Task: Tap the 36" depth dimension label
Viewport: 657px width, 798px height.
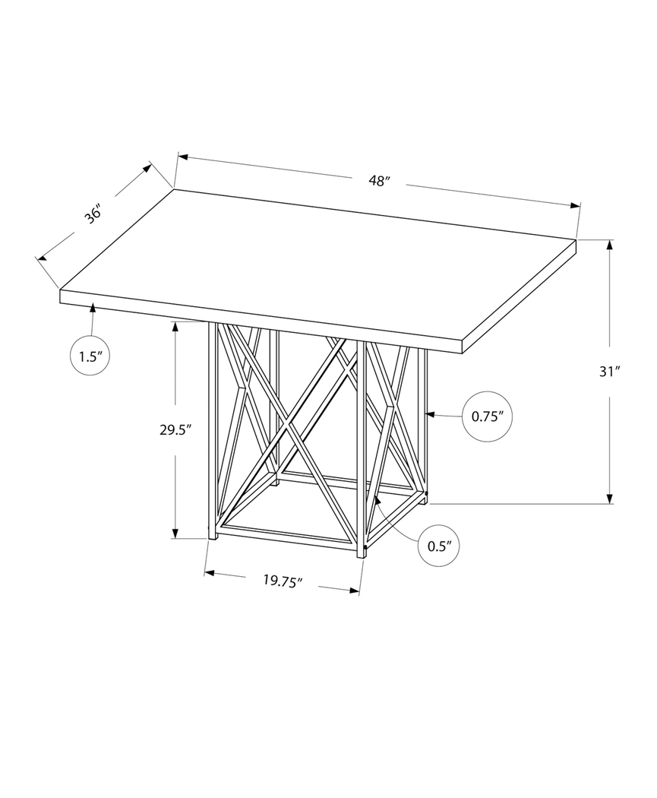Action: [x=93, y=214]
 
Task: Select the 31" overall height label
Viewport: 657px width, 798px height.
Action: [x=610, y=372]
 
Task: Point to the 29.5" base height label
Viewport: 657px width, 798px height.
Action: [x=175, y=429]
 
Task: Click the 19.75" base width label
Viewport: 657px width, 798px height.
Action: [x=283, y=581]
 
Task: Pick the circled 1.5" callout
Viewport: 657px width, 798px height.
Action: [x=90, y=356]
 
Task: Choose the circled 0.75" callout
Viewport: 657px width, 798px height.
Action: [x=487, y=416]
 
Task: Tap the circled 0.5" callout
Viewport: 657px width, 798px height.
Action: [x=441, y=545]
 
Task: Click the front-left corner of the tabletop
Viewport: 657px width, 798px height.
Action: [x=61, y=291]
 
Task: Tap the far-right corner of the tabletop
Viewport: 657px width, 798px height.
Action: [x=576, y=242]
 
